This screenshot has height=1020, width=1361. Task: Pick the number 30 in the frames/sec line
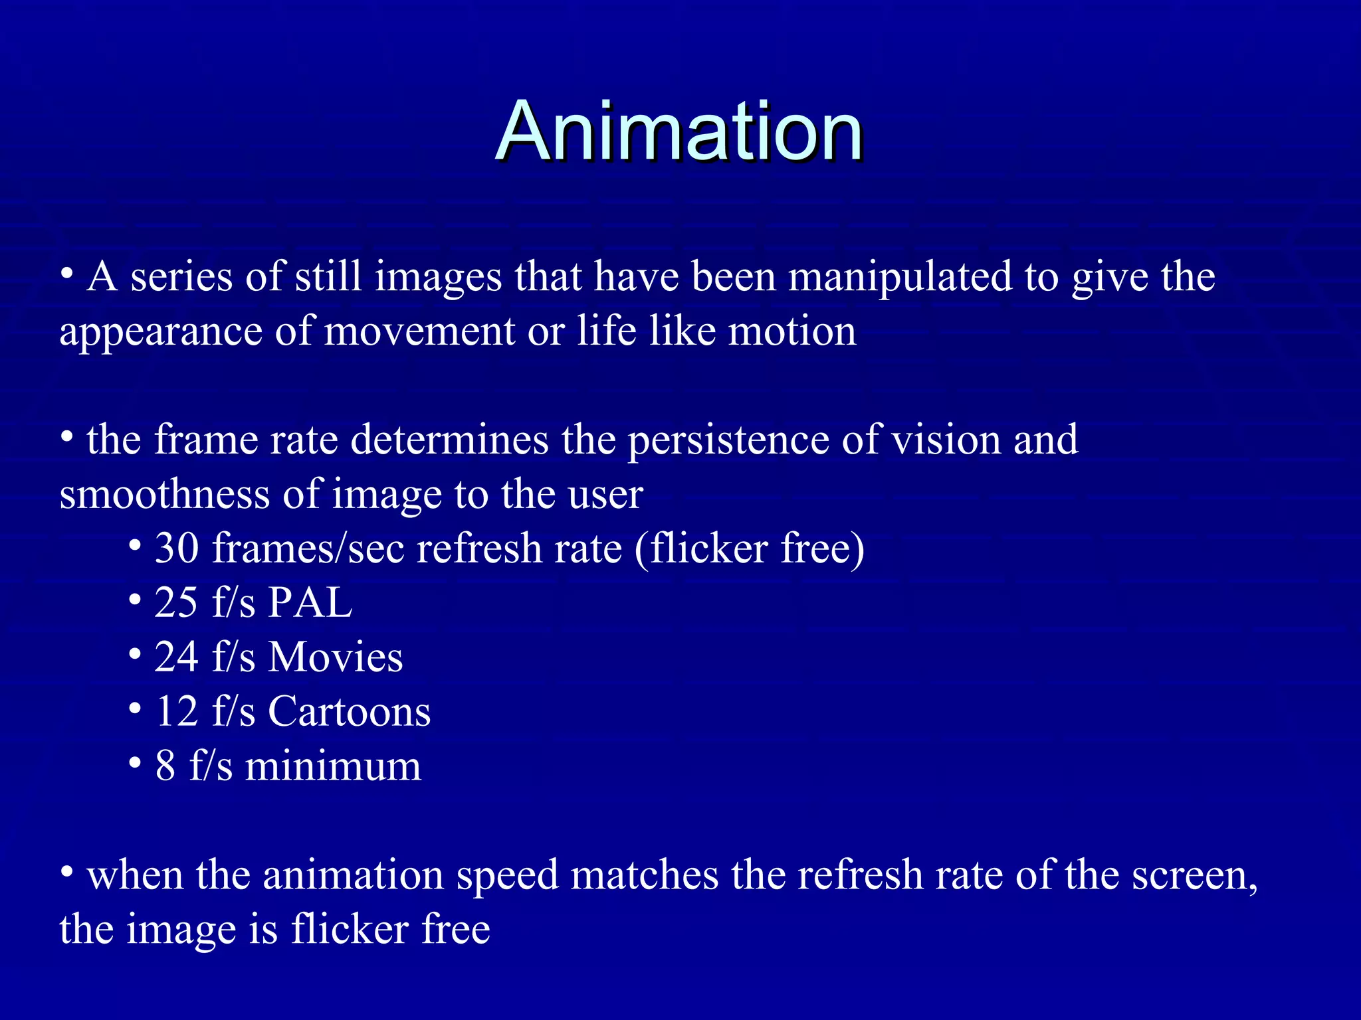coord(177,549)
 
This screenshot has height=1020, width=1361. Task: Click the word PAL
coord(310,603)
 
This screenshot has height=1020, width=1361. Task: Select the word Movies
coord(336,657)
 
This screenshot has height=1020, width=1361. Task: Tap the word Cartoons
coord(350,712)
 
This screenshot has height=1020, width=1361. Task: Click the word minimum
coord(333,766)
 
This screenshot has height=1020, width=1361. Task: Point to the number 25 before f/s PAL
coord(176,603)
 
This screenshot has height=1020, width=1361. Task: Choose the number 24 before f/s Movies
coord(176,657)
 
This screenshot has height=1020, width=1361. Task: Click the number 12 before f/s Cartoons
coord(176,712)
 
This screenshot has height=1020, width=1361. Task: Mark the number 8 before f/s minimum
coord(165,766)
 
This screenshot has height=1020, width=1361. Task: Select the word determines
coord(449,440)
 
